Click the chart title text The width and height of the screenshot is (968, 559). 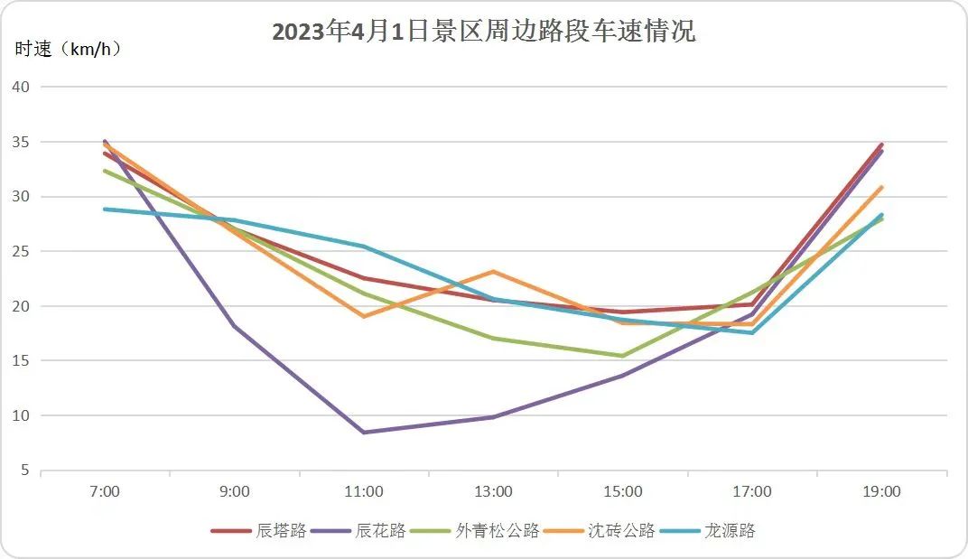484,32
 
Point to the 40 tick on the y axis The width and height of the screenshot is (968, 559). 21,87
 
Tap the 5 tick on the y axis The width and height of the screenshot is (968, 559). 24,470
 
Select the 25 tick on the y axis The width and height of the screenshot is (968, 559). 21,251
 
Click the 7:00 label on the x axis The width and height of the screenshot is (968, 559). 105,492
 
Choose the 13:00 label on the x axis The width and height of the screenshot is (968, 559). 493,492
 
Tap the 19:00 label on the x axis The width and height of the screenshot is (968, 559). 881,492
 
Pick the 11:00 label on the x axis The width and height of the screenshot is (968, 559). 364,492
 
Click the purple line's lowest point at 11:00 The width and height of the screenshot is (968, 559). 364,433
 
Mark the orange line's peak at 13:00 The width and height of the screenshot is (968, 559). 493,271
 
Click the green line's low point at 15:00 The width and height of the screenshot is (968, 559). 623,356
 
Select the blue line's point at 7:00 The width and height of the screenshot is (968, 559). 105,209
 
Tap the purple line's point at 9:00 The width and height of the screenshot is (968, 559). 235,326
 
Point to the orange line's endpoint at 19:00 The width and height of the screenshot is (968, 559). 881,187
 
